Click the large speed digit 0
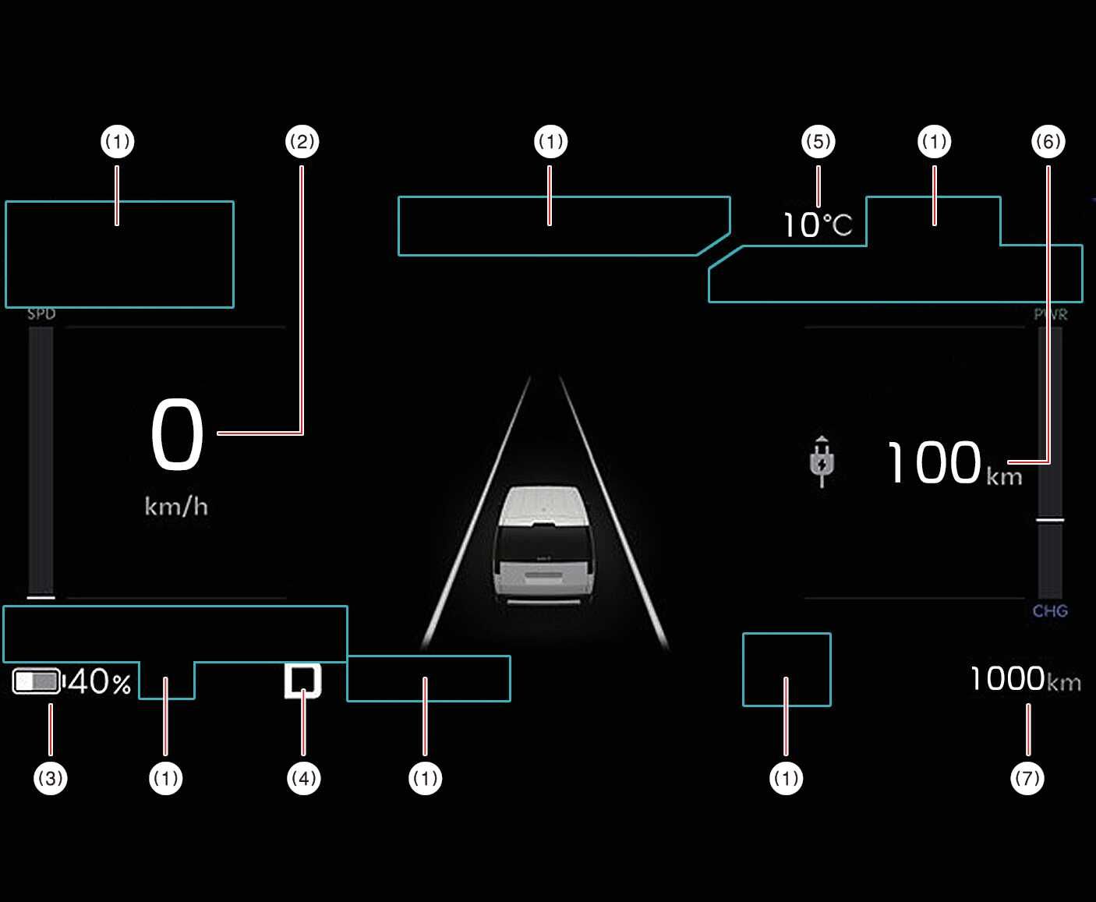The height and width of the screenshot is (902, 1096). point(177,434)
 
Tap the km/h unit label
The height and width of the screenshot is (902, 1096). point(176,507)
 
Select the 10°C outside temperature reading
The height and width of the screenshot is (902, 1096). point(817,225)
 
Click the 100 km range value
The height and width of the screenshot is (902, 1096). point(934,463)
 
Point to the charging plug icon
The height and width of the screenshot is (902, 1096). point(822,462)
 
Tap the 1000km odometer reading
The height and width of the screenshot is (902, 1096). point(1025,679)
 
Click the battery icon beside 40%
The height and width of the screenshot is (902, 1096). point(37,681)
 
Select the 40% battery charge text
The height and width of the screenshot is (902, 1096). point(100,682)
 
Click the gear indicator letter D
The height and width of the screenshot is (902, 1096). point(302,681)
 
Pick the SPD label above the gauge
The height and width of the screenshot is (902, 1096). point(41,313)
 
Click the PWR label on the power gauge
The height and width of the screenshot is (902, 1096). point(1050,314)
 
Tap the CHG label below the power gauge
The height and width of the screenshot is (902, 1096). point(1050,611)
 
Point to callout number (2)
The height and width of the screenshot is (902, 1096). point(302,142)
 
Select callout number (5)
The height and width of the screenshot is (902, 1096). point(818,142)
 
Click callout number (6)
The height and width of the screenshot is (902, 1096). point(1048,142)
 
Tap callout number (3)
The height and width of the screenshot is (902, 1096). point(51,778)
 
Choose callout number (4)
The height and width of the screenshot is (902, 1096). point(303,778)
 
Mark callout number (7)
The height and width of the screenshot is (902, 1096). point(1027,778)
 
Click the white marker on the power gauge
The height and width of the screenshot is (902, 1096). point(1050,518)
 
